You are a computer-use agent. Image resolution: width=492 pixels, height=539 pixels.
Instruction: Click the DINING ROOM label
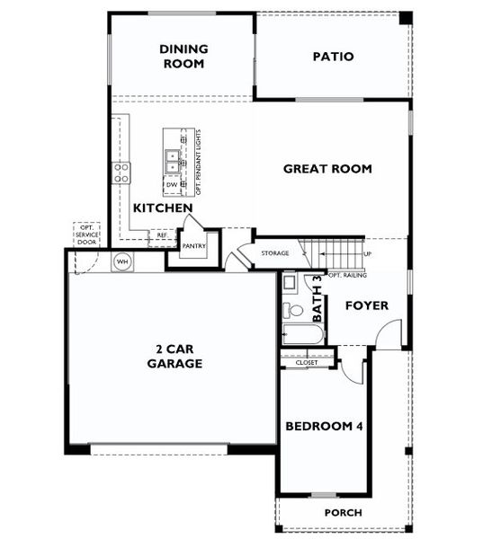[183, 57]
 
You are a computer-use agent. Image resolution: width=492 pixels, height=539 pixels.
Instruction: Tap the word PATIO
[333, 57]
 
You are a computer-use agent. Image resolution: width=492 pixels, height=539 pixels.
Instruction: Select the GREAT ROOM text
[327, 169]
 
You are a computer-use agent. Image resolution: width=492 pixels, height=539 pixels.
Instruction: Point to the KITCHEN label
[163, 208]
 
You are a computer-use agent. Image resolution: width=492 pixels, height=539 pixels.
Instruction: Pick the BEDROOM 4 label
[324, 427]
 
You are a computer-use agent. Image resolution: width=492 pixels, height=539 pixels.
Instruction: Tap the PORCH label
[343, 513]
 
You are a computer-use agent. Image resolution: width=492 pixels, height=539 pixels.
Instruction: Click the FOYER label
[367, 305]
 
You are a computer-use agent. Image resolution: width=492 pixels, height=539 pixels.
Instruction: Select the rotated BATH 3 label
[317, 299]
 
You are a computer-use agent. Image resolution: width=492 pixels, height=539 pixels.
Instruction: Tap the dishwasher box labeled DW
[172, 186]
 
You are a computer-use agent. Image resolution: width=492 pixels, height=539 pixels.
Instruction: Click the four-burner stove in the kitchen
[121, 172]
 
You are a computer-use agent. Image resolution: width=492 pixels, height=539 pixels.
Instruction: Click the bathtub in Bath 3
[301, 334]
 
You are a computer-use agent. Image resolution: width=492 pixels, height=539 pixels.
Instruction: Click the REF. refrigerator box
[162, 235]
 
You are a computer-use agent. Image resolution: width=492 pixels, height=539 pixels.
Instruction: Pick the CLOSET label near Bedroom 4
[306, 363]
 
